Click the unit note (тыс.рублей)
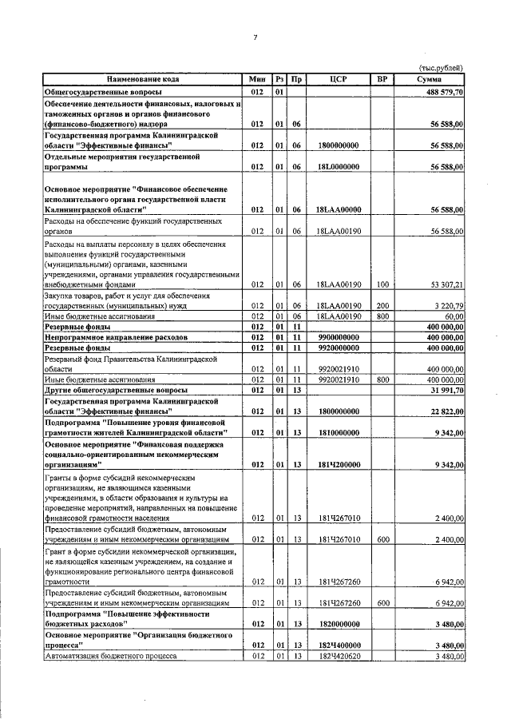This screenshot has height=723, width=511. coord(441,69)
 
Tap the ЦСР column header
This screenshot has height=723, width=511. coord(338,79)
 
